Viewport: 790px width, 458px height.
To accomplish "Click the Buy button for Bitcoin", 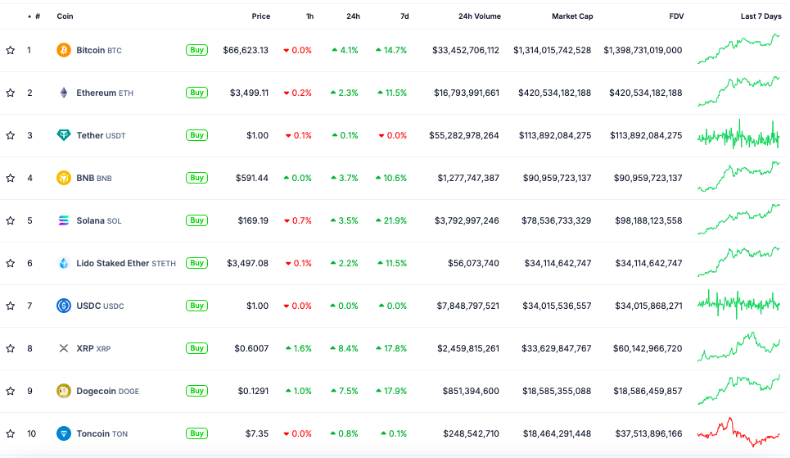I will tap(196, 50).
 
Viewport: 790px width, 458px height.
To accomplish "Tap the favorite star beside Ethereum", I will tap(11, 93).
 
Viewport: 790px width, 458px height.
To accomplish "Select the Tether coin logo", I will tap(63, 135).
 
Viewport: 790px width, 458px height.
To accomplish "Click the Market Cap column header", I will tap(572, 16).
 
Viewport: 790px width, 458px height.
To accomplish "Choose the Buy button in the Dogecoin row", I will tap(196, 391).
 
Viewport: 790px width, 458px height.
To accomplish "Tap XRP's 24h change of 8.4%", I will tap(345, 348).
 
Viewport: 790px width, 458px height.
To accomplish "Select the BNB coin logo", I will tap(63, 178).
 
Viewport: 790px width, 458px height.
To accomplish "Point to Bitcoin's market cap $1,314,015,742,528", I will tap(552, 50).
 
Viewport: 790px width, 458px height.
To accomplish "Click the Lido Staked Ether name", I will tap(113, 263).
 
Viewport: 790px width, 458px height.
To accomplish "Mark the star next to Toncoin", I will tap(11, 433).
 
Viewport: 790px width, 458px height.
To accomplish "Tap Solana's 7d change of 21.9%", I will tap(391, 220).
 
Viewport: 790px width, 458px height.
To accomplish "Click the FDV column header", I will tap(675, 16).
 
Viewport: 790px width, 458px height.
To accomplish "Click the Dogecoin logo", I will tap(63, 391).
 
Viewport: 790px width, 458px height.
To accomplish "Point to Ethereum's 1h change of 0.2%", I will tap(298, 93).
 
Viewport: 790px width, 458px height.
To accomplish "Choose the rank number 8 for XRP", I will tap(29, 348).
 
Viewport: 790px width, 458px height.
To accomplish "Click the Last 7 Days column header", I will tap(761, 16).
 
